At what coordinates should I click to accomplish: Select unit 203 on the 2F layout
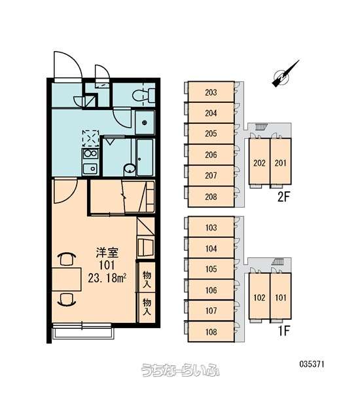click(x=211, y=92)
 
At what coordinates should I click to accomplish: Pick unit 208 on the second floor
click(x=211, y=196)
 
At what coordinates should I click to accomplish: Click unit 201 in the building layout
click(x=281, y=163)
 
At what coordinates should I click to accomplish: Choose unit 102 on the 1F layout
click(x=259, y=297)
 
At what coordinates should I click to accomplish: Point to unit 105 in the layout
click(x=211, y=269)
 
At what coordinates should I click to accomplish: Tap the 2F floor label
click(x=283, y=197)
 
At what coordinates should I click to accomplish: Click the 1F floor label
click(x=284, y=331)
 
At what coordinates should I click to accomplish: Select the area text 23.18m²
click(x=107, y=278)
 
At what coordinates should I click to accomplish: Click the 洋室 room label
click(x=107, y=253)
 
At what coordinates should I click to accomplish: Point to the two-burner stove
click(x=90, y=153)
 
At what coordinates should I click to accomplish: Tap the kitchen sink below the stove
click(x=90, y=168)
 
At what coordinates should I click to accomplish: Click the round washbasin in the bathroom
click(x=130, y=170)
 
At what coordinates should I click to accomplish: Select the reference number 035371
click(x=312, y=364)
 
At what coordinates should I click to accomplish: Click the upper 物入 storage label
click(x=147, y=279)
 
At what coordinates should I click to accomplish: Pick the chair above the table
click(x=67, y=259)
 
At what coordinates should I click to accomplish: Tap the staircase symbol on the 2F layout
click(x=261, y=127)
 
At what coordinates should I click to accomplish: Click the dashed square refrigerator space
click(x=90, y=138)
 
